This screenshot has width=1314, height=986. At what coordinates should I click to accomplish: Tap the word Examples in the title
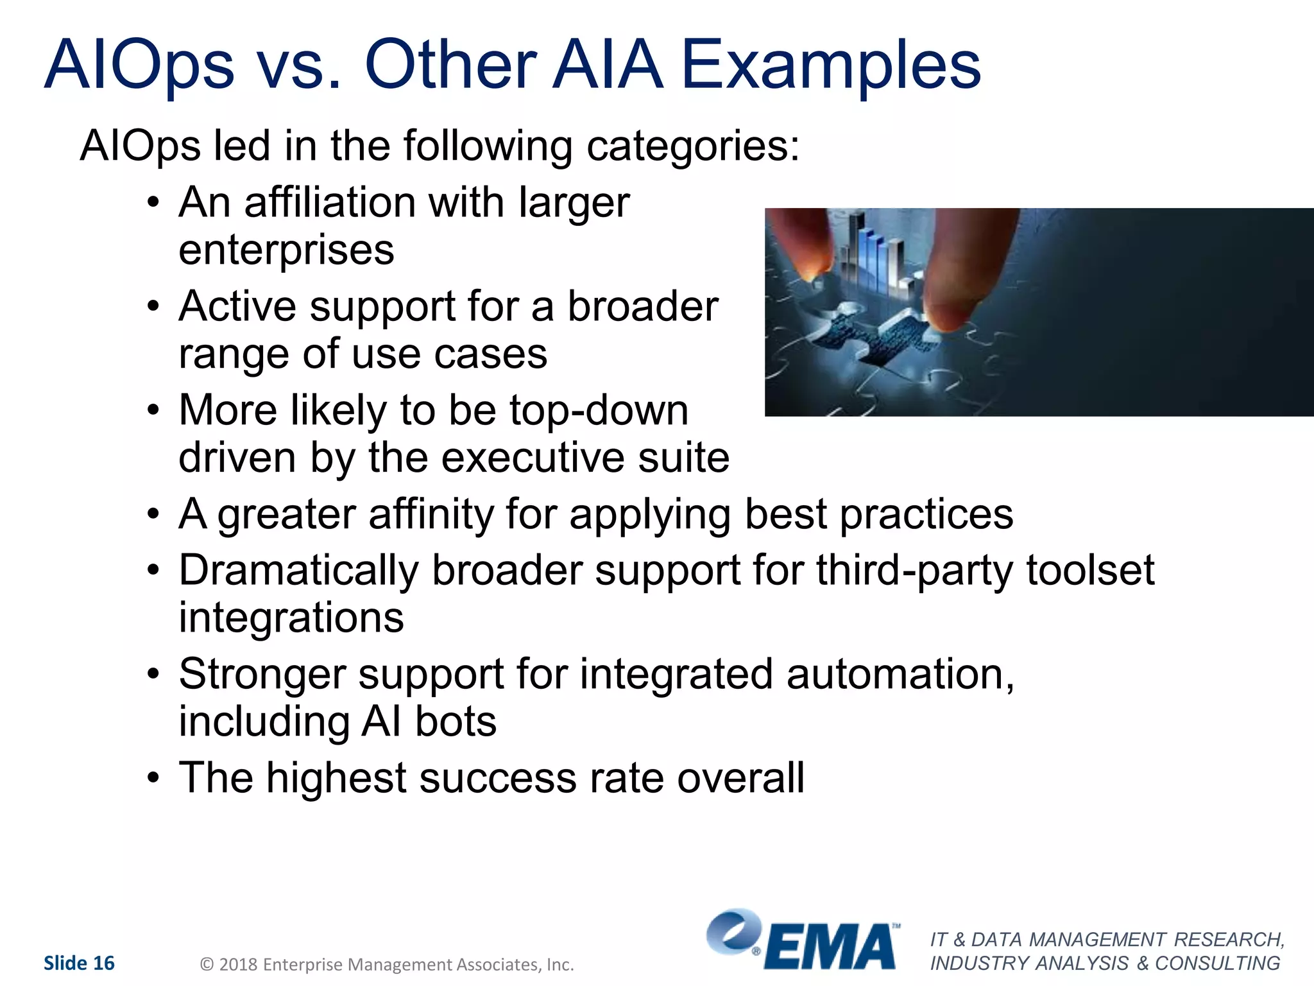click(830, 65)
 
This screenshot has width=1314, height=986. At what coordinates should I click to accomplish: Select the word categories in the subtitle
click(693, 146)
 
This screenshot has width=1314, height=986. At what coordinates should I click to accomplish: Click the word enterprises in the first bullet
click(286, 250)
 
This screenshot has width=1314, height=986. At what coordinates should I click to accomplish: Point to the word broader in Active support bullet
click(642, 307)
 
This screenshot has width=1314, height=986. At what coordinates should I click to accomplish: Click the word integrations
click(291, 618)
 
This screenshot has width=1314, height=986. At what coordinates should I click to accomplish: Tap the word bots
click(456, 722)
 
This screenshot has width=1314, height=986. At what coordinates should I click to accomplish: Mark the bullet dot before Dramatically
click(153, 571)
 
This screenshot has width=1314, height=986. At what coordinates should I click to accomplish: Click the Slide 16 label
click(79, 963)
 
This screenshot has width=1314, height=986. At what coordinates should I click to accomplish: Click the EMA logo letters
click(830, 947)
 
